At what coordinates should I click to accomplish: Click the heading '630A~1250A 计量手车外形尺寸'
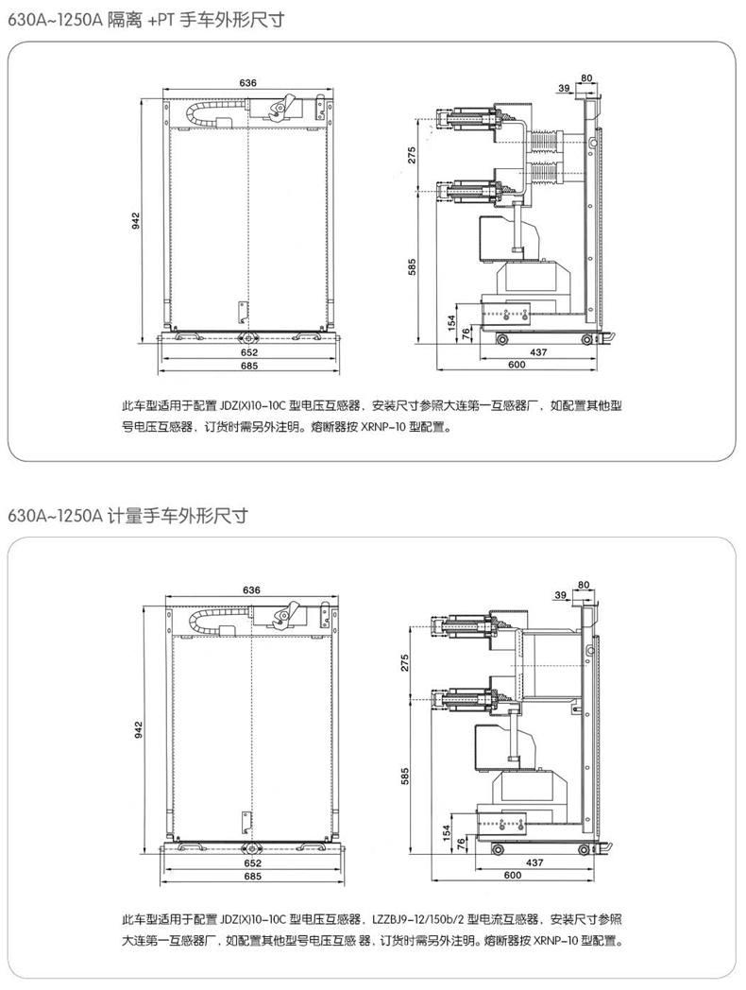tap(127, 516)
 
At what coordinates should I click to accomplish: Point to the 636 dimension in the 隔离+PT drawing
tap(248, 83)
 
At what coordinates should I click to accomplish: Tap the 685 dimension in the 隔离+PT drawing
tap(248, 365)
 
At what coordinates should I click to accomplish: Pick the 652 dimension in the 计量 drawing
tap(250, 863)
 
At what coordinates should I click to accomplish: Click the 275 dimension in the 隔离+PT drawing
tap(412, 156)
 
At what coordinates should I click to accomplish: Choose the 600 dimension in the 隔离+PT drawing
tap(517, 365)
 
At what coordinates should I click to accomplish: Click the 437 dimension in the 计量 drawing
tap(534, 863)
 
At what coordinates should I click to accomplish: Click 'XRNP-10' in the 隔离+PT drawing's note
tap(386, 426)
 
